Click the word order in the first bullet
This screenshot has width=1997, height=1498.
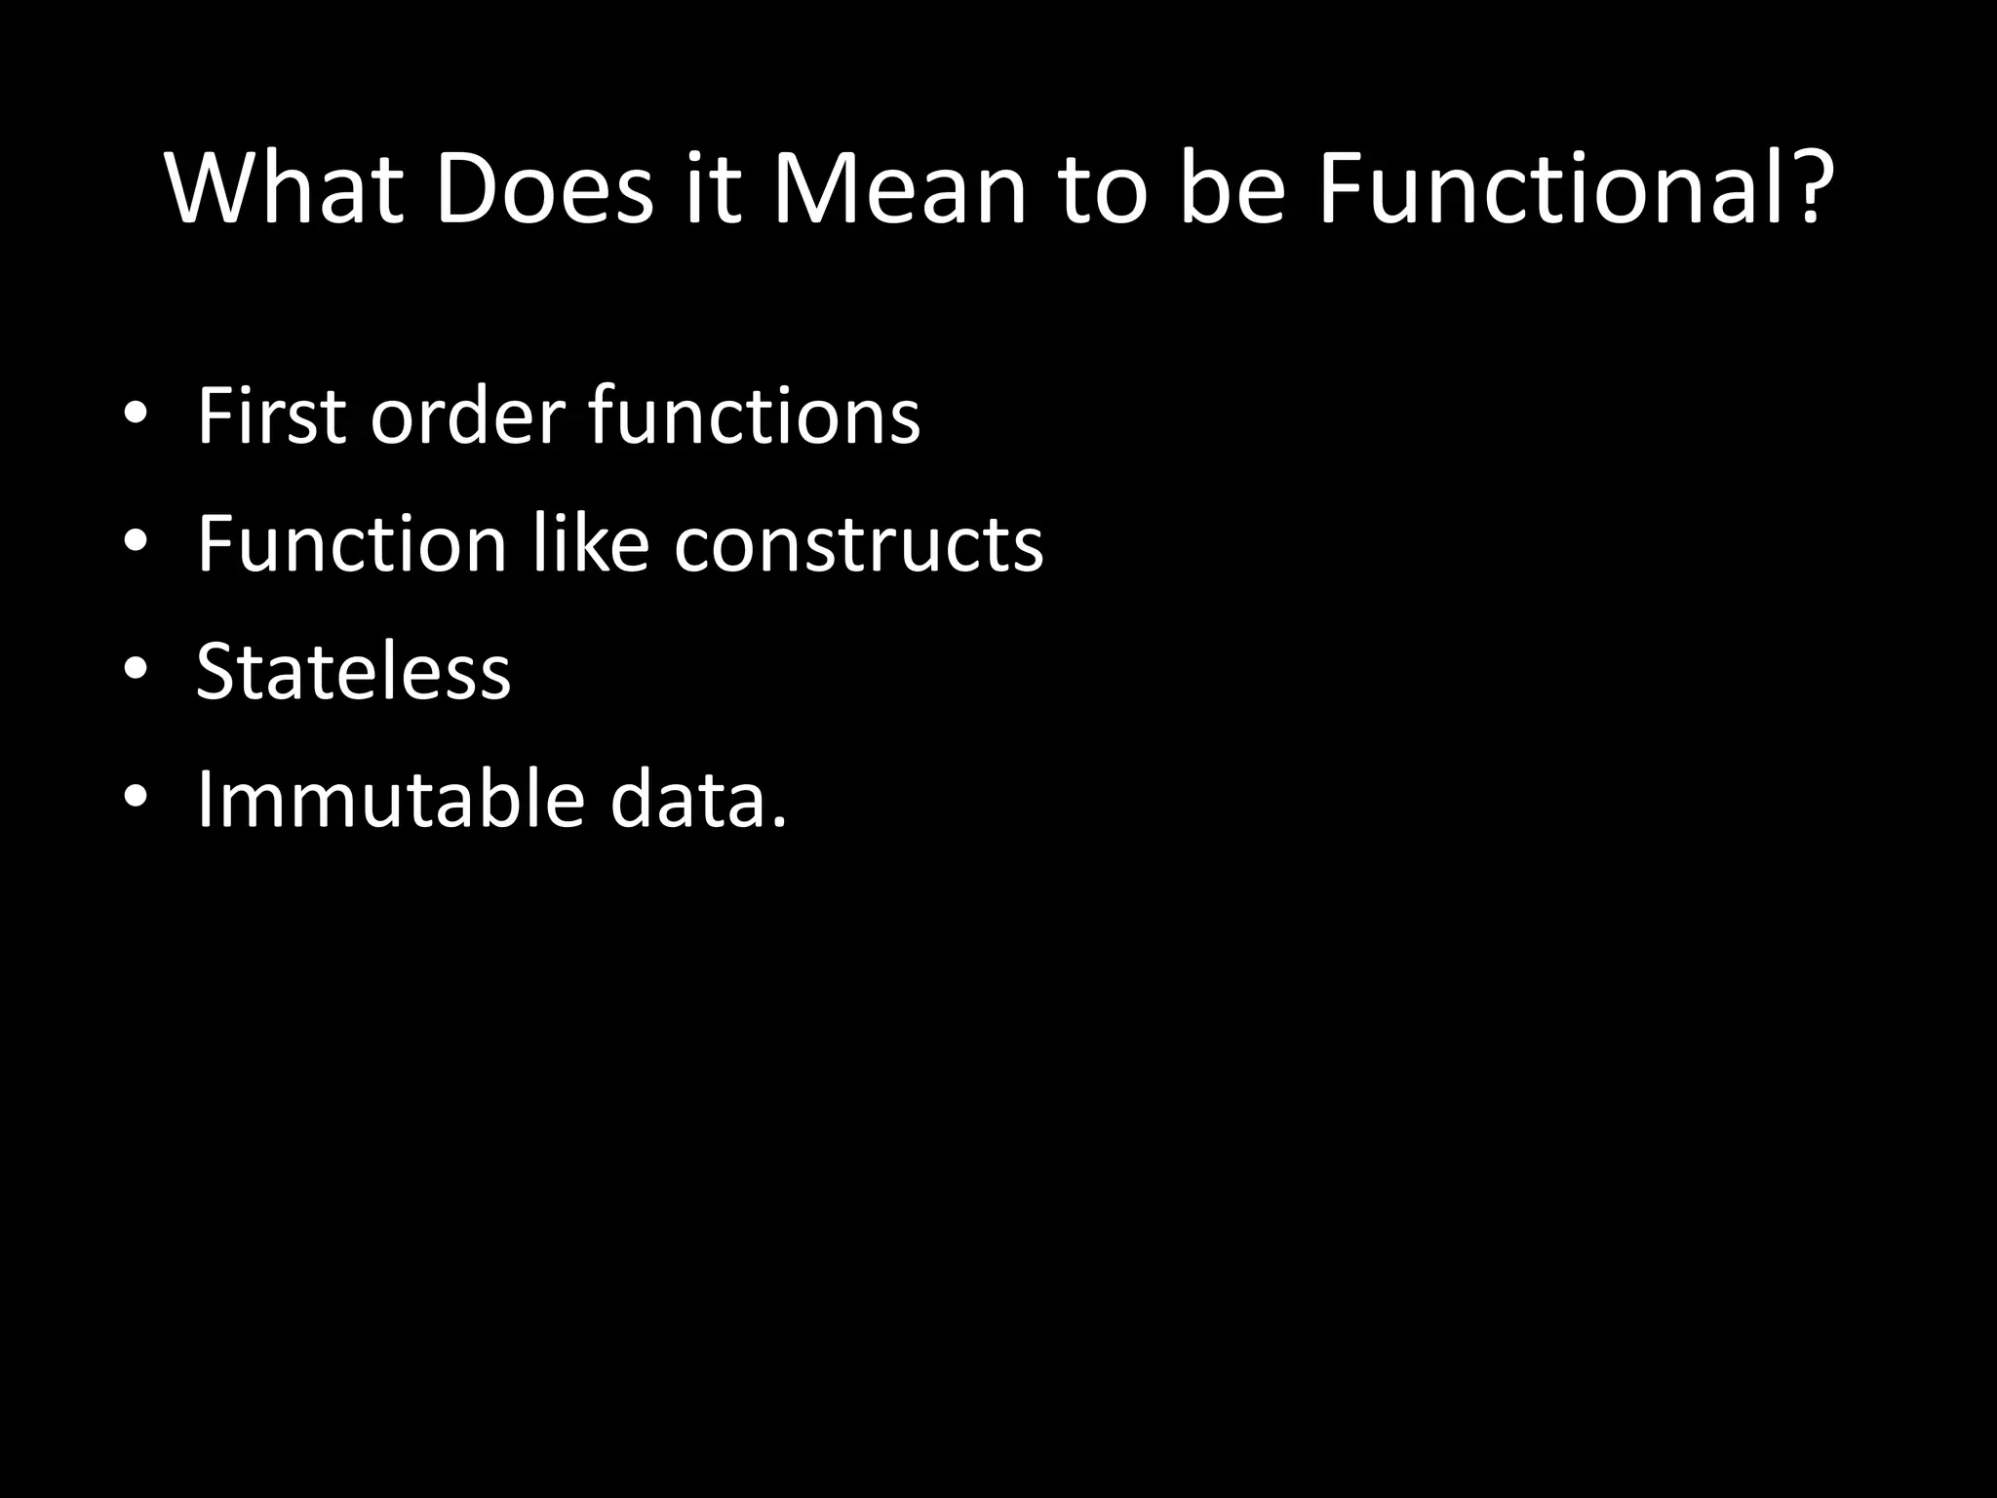(x=467, y=416)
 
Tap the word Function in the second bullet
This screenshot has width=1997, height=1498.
(x=351, y=544)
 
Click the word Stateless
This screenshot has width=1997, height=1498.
(x=353, y=672)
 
